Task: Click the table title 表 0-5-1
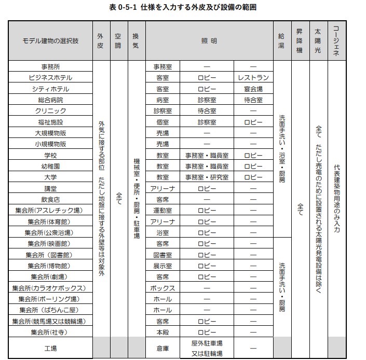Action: tap(183, 7)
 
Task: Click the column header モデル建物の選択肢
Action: tap(50, 40)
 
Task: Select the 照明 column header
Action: tap(209, 40)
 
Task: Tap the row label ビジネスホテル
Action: tap(50, 77)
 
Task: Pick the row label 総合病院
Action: tap(50, 100)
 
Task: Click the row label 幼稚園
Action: tap(50, 166)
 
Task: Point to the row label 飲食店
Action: tap(50, 199)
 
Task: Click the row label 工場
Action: tap(50, 349)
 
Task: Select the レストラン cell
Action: tap(253, 77)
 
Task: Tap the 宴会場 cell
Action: tap(253, 89)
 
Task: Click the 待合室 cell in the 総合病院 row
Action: tap(253, 100)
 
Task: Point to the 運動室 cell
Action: tap(162, 211)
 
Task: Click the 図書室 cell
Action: tap(162, 255)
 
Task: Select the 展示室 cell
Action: tap(162, 266)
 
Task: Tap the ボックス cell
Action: tap(162, 288)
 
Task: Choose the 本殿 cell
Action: tap(162, 332)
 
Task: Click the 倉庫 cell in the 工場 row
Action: tap(162, 349)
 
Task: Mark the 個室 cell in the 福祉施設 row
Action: tap(162, 122)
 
